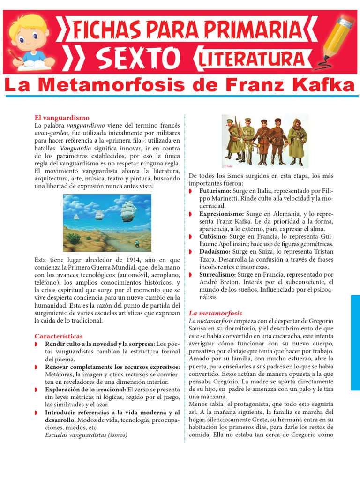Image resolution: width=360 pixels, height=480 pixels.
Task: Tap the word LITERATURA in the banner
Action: coord(250,59)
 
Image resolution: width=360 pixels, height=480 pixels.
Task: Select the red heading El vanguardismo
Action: coord(62,117)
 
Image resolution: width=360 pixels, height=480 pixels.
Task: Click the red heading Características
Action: coord(59,336)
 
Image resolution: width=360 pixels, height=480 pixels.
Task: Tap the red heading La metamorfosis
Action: coord(215,313)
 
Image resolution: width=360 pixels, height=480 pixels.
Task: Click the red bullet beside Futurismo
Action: coord(191,192)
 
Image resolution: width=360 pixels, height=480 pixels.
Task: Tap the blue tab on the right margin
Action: coord(355,342)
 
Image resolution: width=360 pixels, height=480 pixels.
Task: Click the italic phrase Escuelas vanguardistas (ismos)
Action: coord(86,435)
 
